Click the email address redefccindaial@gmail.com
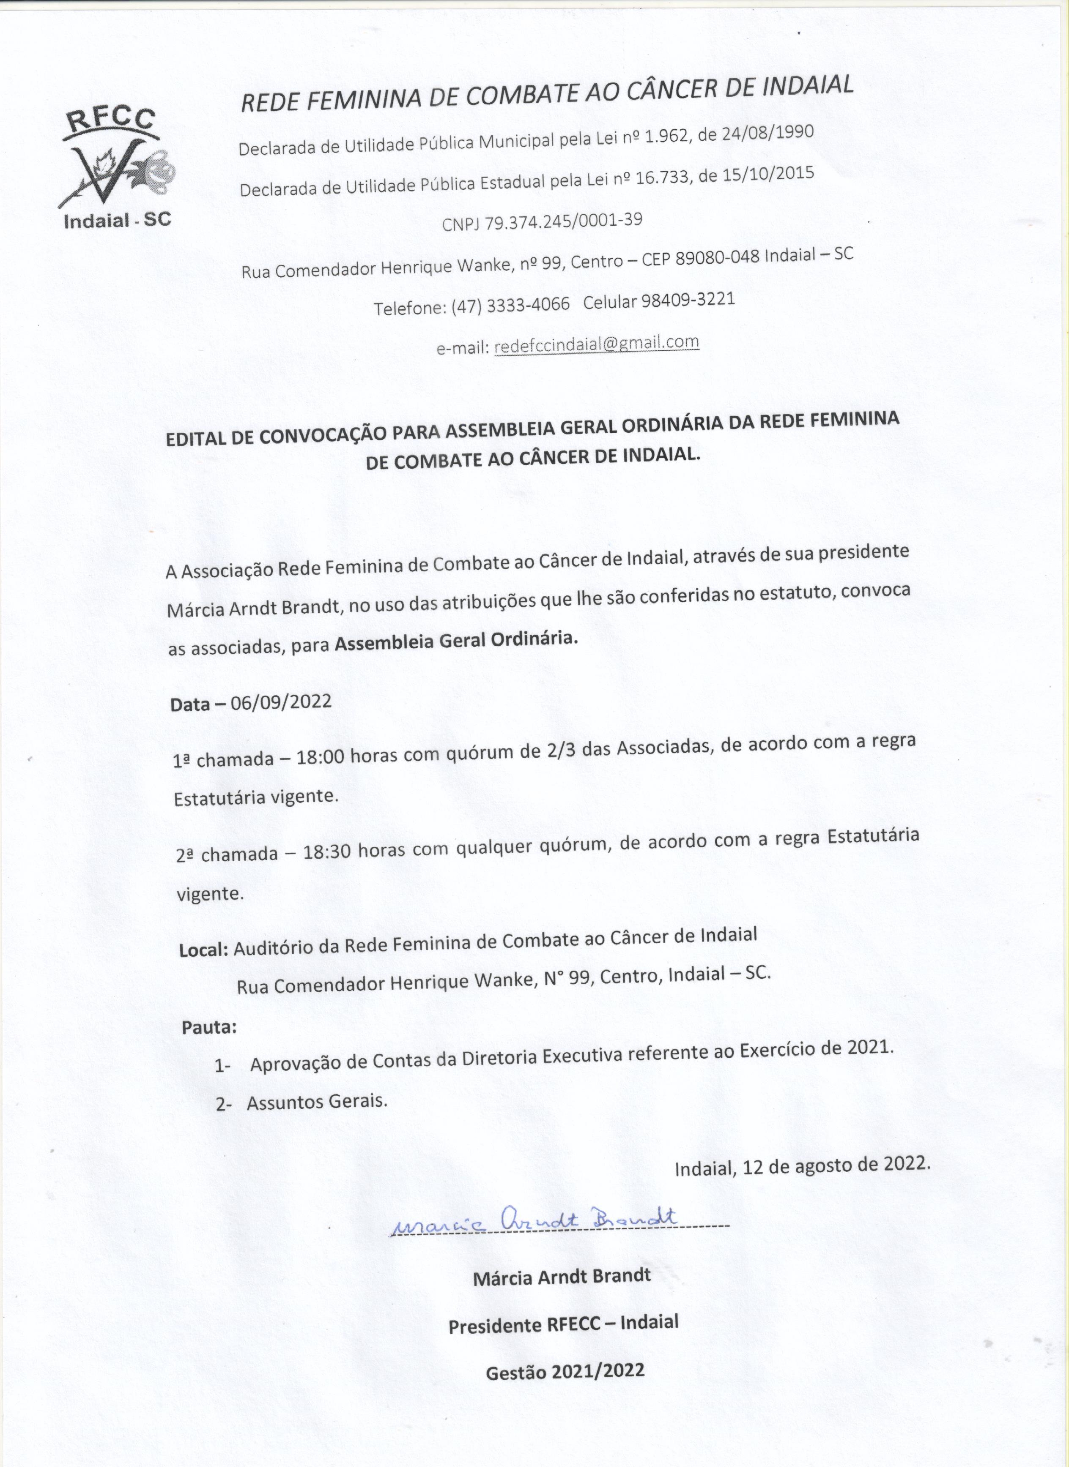click(x=596, y=344)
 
